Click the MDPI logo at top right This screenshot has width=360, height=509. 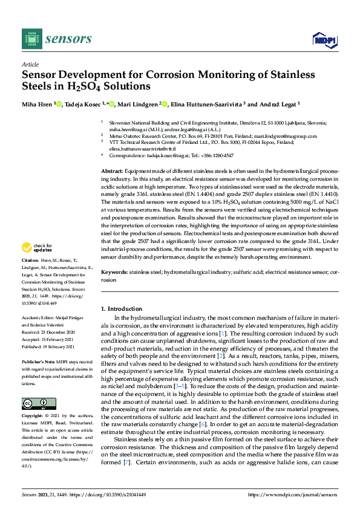(x=324, y=40)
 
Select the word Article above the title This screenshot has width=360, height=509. (x=30, y=64)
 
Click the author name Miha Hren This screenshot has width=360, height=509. (x=38, y=103)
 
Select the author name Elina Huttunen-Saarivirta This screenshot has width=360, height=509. (x=209, y=103)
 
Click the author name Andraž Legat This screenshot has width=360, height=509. (x=276, y=103)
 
